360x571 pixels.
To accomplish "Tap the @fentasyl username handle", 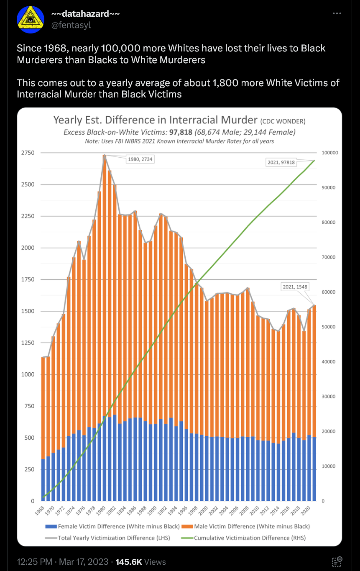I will tap(71, 25).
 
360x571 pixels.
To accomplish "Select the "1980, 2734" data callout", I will tap(140, 159).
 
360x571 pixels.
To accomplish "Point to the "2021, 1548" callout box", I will tap(295, 287).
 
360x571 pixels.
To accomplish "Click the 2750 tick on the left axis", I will tap(29, 153).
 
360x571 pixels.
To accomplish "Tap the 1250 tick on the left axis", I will tap(29, 343).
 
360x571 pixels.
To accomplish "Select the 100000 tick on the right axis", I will tap(329, 153).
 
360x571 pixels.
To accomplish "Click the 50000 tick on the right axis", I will tap(328, 327).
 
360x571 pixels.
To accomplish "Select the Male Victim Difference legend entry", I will tap(255, 526).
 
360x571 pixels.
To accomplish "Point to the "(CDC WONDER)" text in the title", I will tap(283, 122).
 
